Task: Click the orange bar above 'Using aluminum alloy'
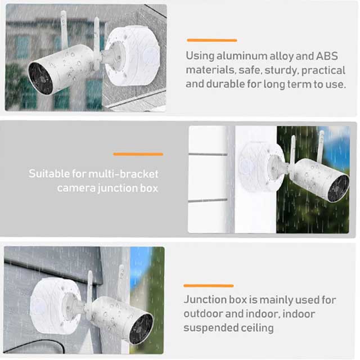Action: click(211, 40)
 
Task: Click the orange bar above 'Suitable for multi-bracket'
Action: click(138, 154)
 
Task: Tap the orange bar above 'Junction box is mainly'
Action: click(208, 286)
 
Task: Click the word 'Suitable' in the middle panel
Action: click(49, 173)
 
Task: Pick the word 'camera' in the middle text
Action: click(76, 187)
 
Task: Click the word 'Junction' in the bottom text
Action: click(206, 300)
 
